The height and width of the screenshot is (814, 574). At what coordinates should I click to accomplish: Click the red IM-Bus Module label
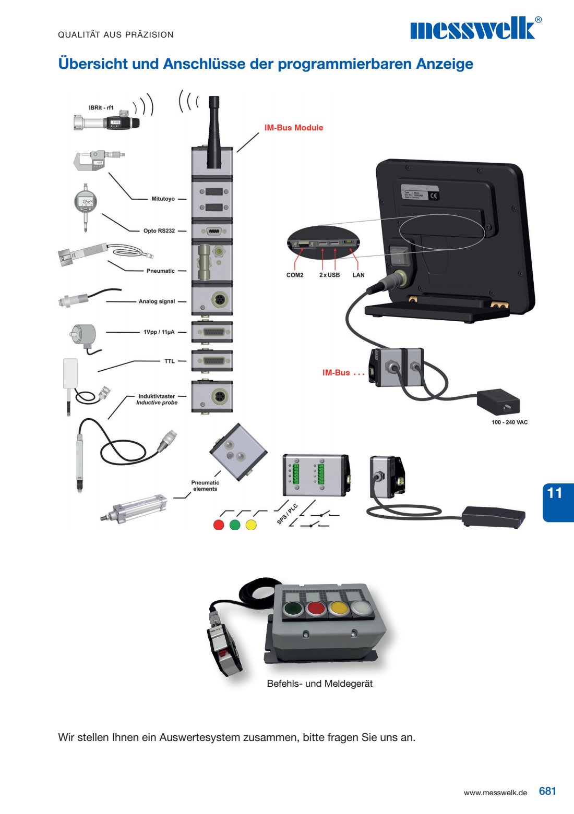click(x=293, y=128)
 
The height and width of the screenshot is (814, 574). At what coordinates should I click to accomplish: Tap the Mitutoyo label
click(x=163, y=199)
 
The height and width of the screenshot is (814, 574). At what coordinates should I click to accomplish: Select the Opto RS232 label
click(x=159, y=230)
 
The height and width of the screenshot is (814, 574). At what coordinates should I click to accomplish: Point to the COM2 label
click(x=295, y=275)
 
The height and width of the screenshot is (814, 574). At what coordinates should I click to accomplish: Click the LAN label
click(x=358, y=275)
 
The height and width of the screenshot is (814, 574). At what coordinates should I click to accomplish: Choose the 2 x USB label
click(x=329, y=275)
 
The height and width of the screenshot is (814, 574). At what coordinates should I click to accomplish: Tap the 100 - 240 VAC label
click(x=509, y=422)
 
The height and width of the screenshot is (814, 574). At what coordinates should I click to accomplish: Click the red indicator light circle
click(x=219, y=525)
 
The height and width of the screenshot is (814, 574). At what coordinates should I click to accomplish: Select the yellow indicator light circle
click(x=251, y=525)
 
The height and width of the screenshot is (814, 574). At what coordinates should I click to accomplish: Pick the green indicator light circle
click(x=235, y=525)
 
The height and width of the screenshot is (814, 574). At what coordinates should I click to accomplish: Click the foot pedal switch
click(x=493, y=516)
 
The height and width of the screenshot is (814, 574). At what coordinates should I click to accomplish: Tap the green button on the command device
click(x=292, y=609)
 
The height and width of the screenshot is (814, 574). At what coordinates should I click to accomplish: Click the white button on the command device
click(x=360, y=608)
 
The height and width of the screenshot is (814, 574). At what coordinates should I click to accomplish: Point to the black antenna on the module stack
click(x=214, y=130)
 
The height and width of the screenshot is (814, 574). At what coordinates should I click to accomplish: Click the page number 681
click(x=547, y=791)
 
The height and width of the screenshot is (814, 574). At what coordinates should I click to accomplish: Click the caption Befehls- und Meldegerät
click(x=320, y=684)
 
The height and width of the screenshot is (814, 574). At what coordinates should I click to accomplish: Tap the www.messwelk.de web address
click(x=495, y=793)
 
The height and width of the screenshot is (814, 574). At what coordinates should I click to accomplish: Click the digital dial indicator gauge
click(x=85, y=203)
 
